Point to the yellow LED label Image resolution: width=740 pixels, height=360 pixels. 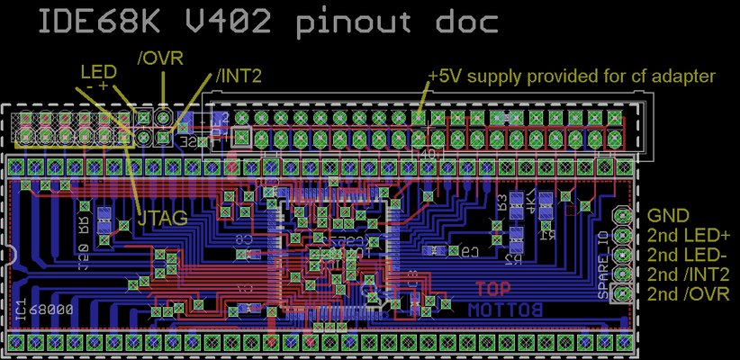[98, 70]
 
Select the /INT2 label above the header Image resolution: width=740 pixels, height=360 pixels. [238, 77]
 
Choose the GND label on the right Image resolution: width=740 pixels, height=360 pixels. [668, 216]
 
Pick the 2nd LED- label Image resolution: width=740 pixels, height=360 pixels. [687, 256]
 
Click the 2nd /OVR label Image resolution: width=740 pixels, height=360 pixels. [688, 294]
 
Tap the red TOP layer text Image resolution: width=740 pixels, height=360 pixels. [492, 290]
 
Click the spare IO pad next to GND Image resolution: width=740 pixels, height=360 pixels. [622, 216]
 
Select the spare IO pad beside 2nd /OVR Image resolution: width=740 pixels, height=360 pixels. [622, 293]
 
